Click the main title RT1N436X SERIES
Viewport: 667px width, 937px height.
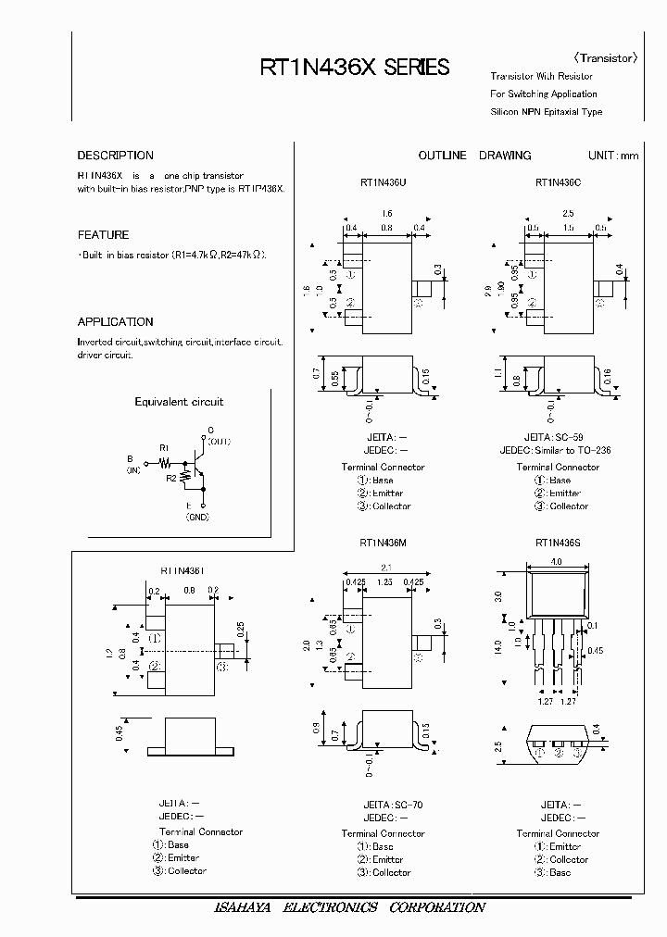pyautogui.click(x=355, y=67)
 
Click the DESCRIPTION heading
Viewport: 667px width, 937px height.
pyautogui.click(x=115, y=156)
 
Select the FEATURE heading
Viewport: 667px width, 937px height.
pyautogui.click(x=103, y=235)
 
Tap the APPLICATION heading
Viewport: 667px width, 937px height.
pyautogui.click(x=115, y=322)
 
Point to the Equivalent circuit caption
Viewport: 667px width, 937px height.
pyautogui.click(x=179, y=402)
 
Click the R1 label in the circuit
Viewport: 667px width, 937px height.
pyautogui.click(x=165, y=447)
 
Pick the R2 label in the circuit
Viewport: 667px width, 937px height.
pyautogui.click(x=171, y=478)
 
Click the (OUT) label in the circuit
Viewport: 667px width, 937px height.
pyautogui.click(x=218, y=442)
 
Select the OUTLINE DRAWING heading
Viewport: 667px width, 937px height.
pyautogui.click(x=474, y=156)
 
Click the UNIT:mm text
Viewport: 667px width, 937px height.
pyautogui.click(x=613, y=156)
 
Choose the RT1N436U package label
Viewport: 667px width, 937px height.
pyautogui.click(x=383, y=182)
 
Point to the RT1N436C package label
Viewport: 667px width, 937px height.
pyautogui.click(x=558, y=182)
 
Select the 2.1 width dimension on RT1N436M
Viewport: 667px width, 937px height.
pyautogui.click(x=384, y=568)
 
